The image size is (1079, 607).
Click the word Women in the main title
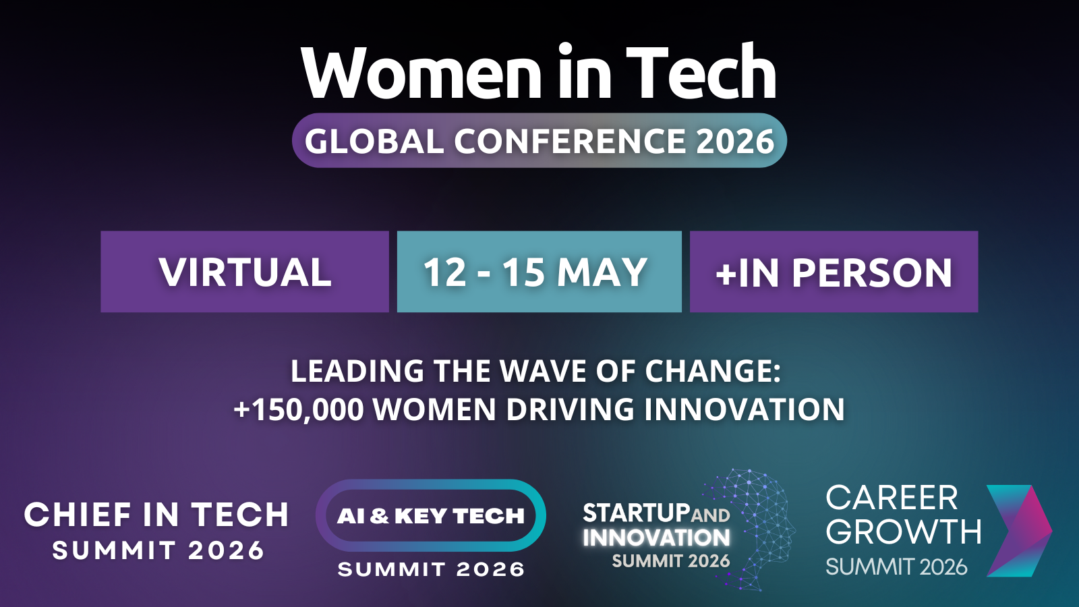coord(422,74)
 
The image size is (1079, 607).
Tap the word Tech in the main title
coord(701,71)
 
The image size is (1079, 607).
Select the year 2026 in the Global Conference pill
coord(735,141)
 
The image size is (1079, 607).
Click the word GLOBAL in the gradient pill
coord(374,141)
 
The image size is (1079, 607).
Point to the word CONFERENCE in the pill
coord(570,141)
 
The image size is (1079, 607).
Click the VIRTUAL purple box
coord(245,272)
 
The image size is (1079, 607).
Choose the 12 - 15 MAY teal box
coord(539,272)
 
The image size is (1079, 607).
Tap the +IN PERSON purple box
coord(834,272)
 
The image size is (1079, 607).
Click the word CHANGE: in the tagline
coord(713,372)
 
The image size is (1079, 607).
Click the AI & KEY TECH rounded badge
coord(431,515)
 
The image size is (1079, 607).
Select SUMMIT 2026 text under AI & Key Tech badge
coord(431,570)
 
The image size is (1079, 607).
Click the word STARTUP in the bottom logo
coord(637,513)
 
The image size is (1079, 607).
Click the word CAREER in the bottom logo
coord(892,498)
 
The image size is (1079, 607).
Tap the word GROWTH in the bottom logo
coord(904,532)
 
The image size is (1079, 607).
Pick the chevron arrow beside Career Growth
coord(1019,531)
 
